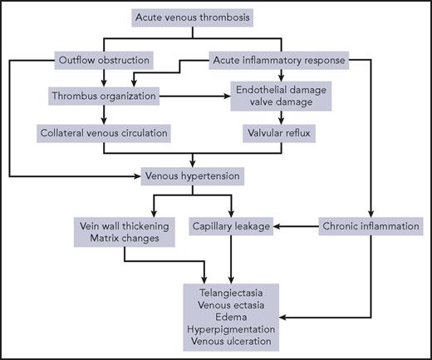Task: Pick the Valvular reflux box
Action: [274, 131]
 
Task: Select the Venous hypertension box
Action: [192, 175]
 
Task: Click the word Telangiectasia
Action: [233, 293]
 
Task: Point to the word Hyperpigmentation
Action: [233, 328]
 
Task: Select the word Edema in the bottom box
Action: [233, 317]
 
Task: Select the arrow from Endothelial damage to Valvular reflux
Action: [274, 116]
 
